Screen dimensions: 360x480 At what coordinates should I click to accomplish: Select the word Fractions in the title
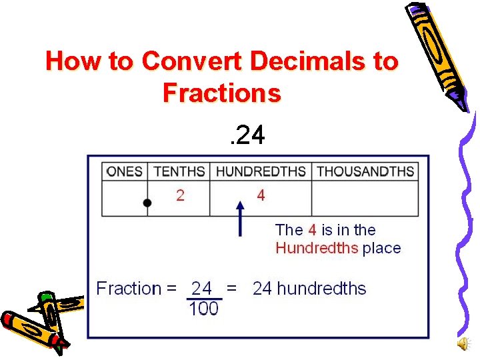(x=222, y=93)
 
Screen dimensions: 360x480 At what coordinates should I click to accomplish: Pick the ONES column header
(x=125, y=171)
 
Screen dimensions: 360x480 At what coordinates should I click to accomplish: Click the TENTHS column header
(x=179, y=171)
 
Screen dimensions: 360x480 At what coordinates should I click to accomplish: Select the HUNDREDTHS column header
(x=261, y=171)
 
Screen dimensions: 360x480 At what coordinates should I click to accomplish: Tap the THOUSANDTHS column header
(x=365, y=171)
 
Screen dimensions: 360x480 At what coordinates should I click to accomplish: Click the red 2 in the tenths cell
(x=180, y=195)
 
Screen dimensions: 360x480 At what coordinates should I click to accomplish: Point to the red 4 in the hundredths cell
(x=261, y=195)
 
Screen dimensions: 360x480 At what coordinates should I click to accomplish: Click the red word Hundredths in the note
(x=317, y=249)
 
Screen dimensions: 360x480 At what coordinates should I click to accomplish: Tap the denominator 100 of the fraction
(x=203, y=309)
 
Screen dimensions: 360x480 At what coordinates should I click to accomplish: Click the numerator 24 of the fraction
(x=202, y=289)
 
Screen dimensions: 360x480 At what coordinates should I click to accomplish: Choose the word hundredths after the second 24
(x=321, y=289)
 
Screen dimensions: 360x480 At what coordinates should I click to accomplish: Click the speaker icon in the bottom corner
(x=462, y=343)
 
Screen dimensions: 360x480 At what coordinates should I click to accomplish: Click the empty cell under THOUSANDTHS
(x=365, y=198)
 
